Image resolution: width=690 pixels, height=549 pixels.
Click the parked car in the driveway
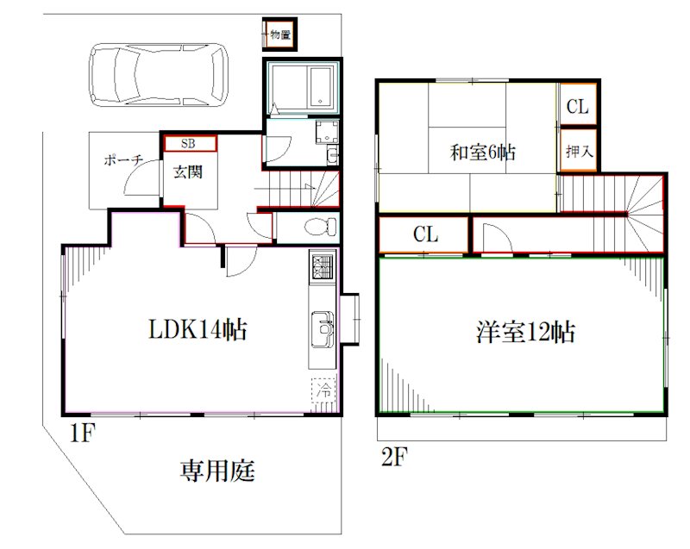click(159, 75)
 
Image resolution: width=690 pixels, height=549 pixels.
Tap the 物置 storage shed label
click(280, 34)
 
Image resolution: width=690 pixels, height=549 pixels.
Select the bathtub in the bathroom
click(320, 86)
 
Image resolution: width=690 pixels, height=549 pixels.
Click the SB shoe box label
click(188, 143)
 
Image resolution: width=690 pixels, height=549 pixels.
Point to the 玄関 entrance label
click(188, 172)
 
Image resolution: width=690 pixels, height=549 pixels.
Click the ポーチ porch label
click(123, 159)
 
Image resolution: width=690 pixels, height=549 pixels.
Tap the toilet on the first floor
click(320, 227)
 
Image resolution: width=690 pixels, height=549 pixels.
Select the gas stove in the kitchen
click(323, 266)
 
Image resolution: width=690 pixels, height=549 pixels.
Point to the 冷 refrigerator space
click(324, 390)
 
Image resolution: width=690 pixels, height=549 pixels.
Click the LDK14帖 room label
click(198, 329)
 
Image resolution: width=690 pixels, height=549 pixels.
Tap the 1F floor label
click(82, 434)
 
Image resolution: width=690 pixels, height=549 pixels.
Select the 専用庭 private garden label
click(217, 471)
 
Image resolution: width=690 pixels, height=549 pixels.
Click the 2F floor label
click(394, 457)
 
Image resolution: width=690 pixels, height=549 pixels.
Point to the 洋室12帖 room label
click(525, 332)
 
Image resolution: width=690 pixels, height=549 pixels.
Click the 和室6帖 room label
click(482, 152)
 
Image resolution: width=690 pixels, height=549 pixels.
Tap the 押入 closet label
click(579, 152)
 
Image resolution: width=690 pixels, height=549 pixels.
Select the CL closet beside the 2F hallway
click(425, 234)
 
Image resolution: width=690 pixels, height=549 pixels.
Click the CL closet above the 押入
click(577, 106)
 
